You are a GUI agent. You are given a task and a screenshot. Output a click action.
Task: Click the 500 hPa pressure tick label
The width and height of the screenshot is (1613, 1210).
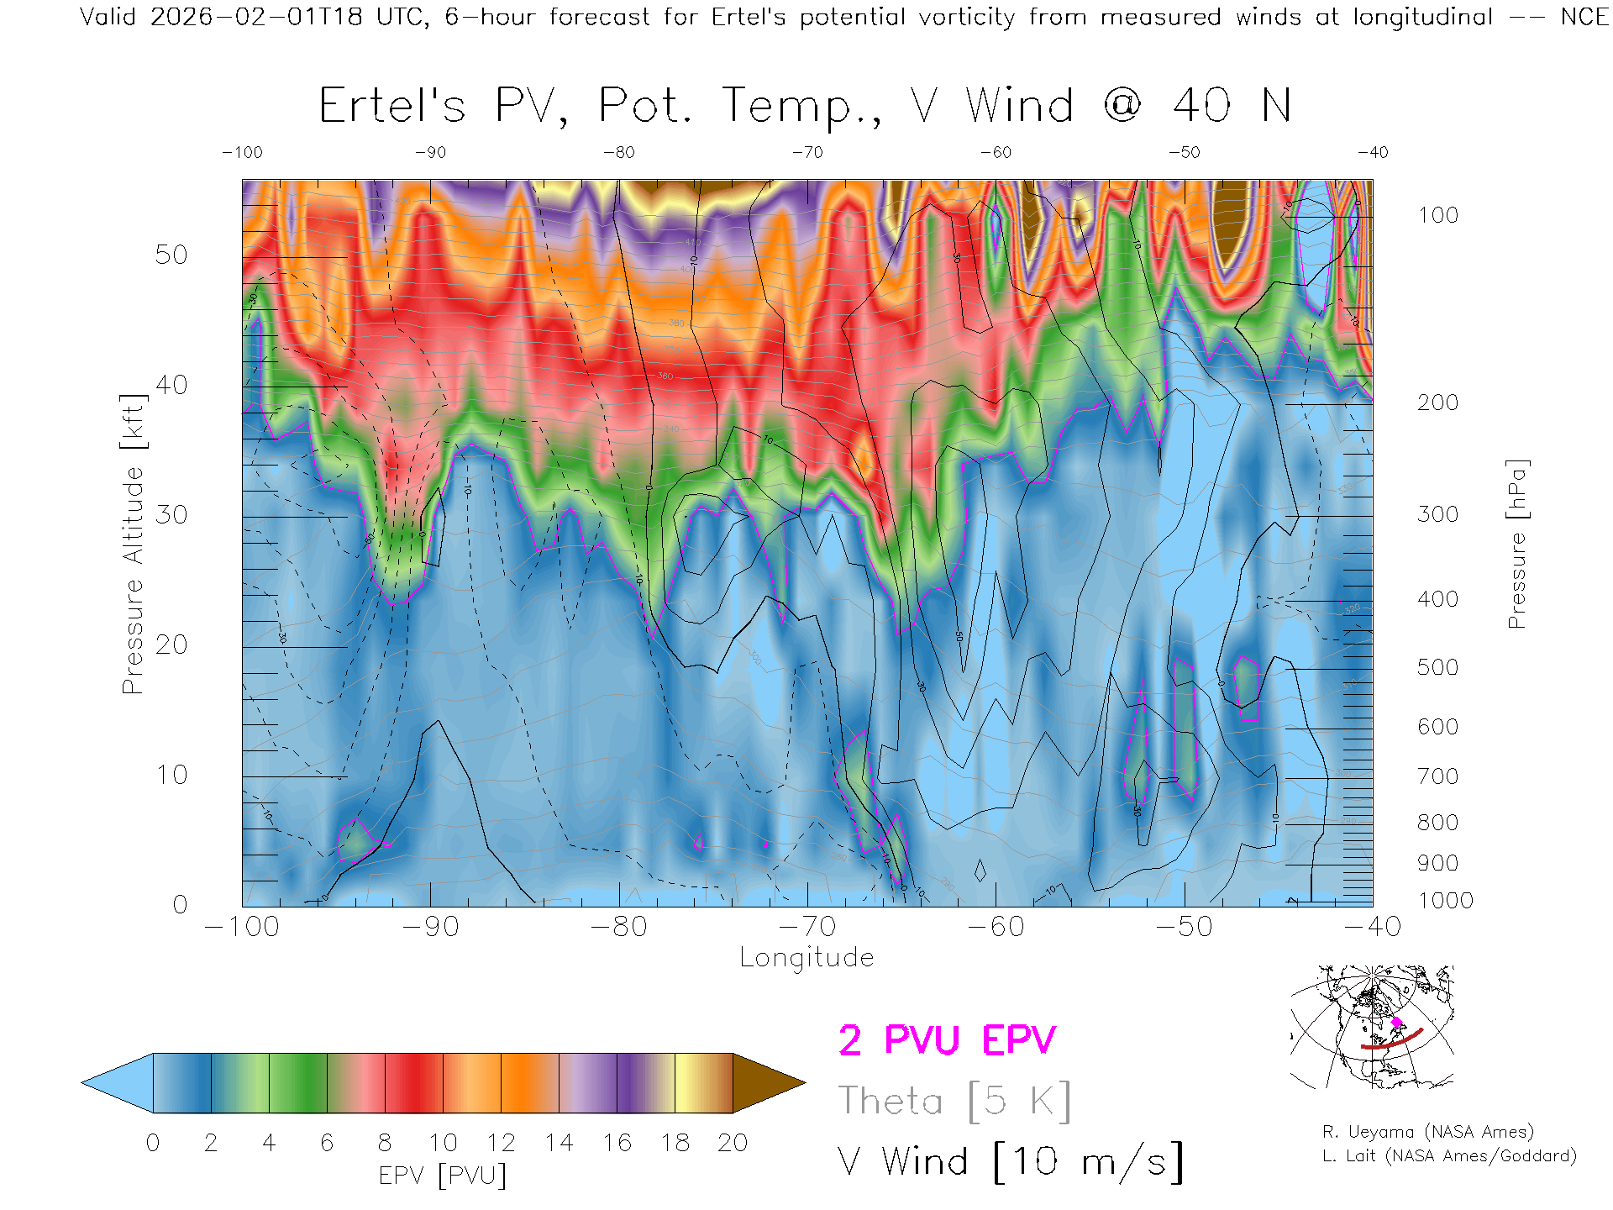[x=1437, y=668]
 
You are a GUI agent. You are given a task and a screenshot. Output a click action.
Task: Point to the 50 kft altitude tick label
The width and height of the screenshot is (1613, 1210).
[x=171, y=255]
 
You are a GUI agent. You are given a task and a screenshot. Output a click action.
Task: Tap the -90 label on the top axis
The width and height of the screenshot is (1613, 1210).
[x=430, y=153]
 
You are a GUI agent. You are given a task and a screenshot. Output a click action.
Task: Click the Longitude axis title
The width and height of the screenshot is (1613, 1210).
[x=806, y=958]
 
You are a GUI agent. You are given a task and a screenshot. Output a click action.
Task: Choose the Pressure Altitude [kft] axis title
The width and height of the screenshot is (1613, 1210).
[x=133, y=544]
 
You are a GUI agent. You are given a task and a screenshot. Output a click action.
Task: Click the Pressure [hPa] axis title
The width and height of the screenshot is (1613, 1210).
[x=1516, y=544]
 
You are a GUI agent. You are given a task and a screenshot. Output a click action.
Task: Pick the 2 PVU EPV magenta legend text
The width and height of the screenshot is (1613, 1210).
[x=947, y=1041]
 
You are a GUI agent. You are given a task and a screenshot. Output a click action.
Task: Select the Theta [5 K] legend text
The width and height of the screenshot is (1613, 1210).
[x=954, y=1102]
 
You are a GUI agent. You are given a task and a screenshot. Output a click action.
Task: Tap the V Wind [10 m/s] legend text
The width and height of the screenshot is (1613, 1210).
[x=1011, y=1162]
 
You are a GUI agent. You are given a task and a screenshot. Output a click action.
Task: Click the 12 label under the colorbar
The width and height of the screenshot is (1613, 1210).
[x=501, y=1144]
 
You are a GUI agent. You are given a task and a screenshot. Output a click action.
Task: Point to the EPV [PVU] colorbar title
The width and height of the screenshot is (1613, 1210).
[x=443, y=1176]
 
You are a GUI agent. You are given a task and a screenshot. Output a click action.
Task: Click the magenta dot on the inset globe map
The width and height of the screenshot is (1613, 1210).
[x=1396, y=1023]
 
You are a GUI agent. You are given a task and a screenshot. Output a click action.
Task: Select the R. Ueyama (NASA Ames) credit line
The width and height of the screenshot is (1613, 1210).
[x=1428, y=1132]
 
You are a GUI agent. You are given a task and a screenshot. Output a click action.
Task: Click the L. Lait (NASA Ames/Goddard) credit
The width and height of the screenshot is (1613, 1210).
[x=1449, y=1156]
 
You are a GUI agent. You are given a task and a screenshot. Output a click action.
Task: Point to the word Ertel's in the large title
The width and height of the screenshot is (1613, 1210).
[x=391, y=107]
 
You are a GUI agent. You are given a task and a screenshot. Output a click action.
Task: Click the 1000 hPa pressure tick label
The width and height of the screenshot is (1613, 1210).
[x=1445, y=901]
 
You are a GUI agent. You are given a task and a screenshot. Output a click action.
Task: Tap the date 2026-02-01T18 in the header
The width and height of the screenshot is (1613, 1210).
[x=256, y=17]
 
